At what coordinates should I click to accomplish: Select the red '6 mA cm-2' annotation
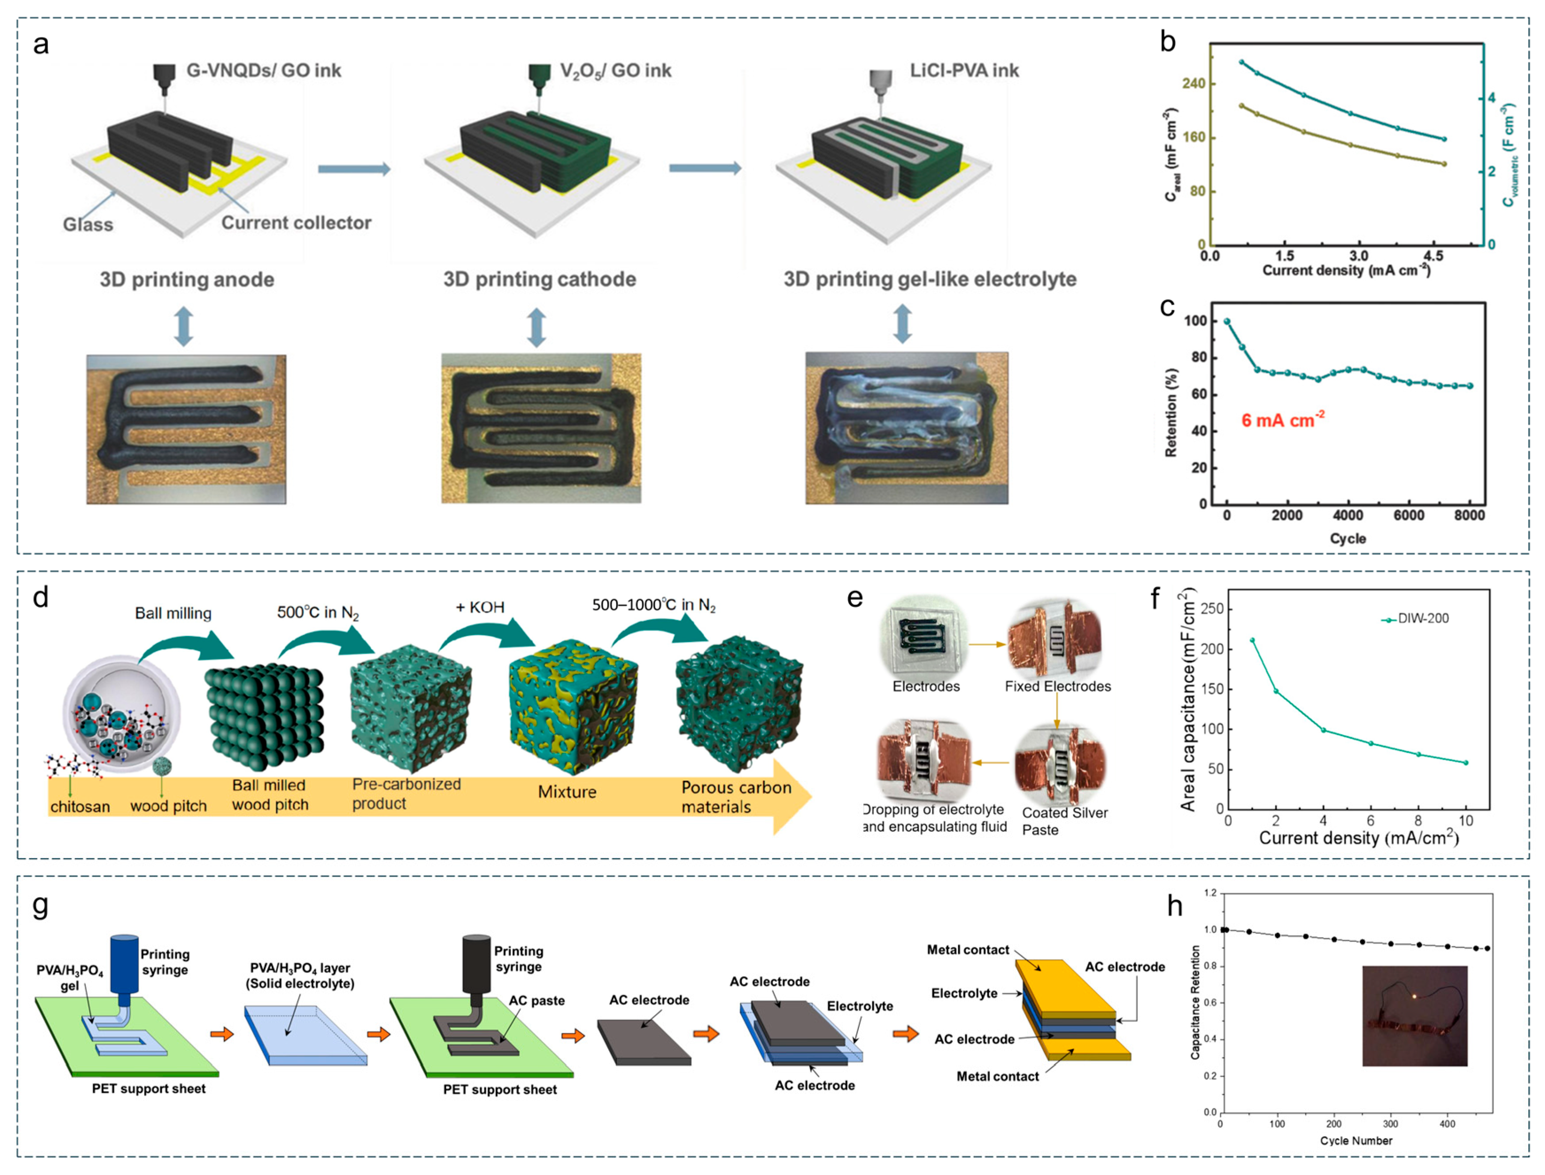1282,420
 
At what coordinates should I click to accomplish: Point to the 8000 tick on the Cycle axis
1469,516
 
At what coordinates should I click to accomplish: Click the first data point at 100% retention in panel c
1226,321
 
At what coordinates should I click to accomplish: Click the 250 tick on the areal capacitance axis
1212,609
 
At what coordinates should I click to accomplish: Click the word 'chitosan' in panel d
80,807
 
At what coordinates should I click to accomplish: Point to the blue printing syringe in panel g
124,965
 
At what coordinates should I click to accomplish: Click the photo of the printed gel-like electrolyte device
906,427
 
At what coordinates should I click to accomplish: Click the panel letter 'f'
1155,599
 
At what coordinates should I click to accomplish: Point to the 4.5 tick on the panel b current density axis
1433,256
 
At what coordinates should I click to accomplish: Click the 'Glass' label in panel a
88,225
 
